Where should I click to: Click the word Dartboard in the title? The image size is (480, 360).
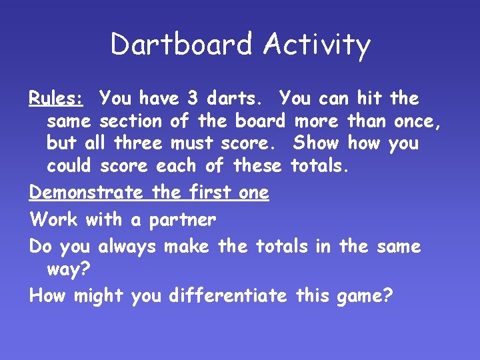click(182, 45)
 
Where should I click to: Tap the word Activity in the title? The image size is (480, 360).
click(316, 45)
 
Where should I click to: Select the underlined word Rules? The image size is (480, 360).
click(55, 99)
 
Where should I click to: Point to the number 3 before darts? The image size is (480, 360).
click(192, 99)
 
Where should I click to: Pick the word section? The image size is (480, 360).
click(131, 121)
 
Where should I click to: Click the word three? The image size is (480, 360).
click(138, 143)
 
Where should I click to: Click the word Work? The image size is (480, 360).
click(53, 219)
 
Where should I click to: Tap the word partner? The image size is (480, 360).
click(183, 220)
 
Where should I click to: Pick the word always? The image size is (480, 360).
click(127, 247)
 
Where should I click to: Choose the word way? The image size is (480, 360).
click(69, 270)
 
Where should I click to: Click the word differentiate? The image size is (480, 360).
click(228, 295)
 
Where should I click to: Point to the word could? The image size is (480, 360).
click(73, 165)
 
